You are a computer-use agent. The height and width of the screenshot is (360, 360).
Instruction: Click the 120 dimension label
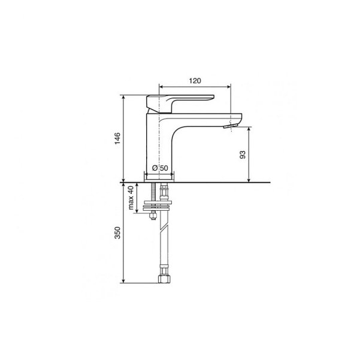[195, 81]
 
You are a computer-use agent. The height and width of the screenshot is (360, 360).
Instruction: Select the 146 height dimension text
[117, 138]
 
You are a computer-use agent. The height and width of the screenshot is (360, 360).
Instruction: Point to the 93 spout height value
[243, 155]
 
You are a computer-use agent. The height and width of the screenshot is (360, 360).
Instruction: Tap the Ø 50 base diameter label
[160, 168]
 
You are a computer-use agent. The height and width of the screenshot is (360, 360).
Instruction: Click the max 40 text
[131, 198]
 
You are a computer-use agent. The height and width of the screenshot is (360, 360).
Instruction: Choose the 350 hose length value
[117, 232]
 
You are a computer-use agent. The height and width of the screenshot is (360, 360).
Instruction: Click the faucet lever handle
[180, 104]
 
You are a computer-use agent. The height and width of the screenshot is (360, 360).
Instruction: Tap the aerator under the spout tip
[231, 126]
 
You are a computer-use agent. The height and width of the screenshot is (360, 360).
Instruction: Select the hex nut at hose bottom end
[164, 279]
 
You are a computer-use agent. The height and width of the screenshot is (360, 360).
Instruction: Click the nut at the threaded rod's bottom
[153, 216]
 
